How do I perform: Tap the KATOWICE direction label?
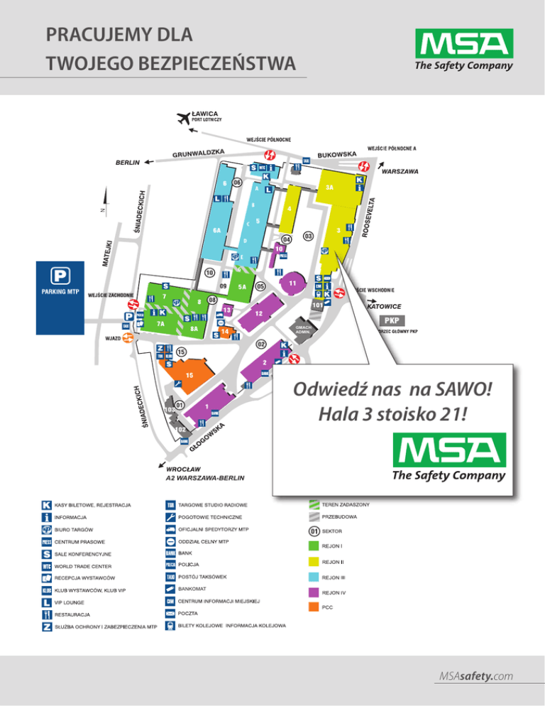pyautogui.click(x=385, y=306)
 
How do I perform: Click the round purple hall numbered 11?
pyautogui.click(x=292, y=283)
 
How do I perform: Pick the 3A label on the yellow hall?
pyautogui.click(x=329, y=188)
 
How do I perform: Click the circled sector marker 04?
pyautogui.click(x=287, y=239)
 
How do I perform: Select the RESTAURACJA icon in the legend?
pyautogui.click(x=47, y=614)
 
